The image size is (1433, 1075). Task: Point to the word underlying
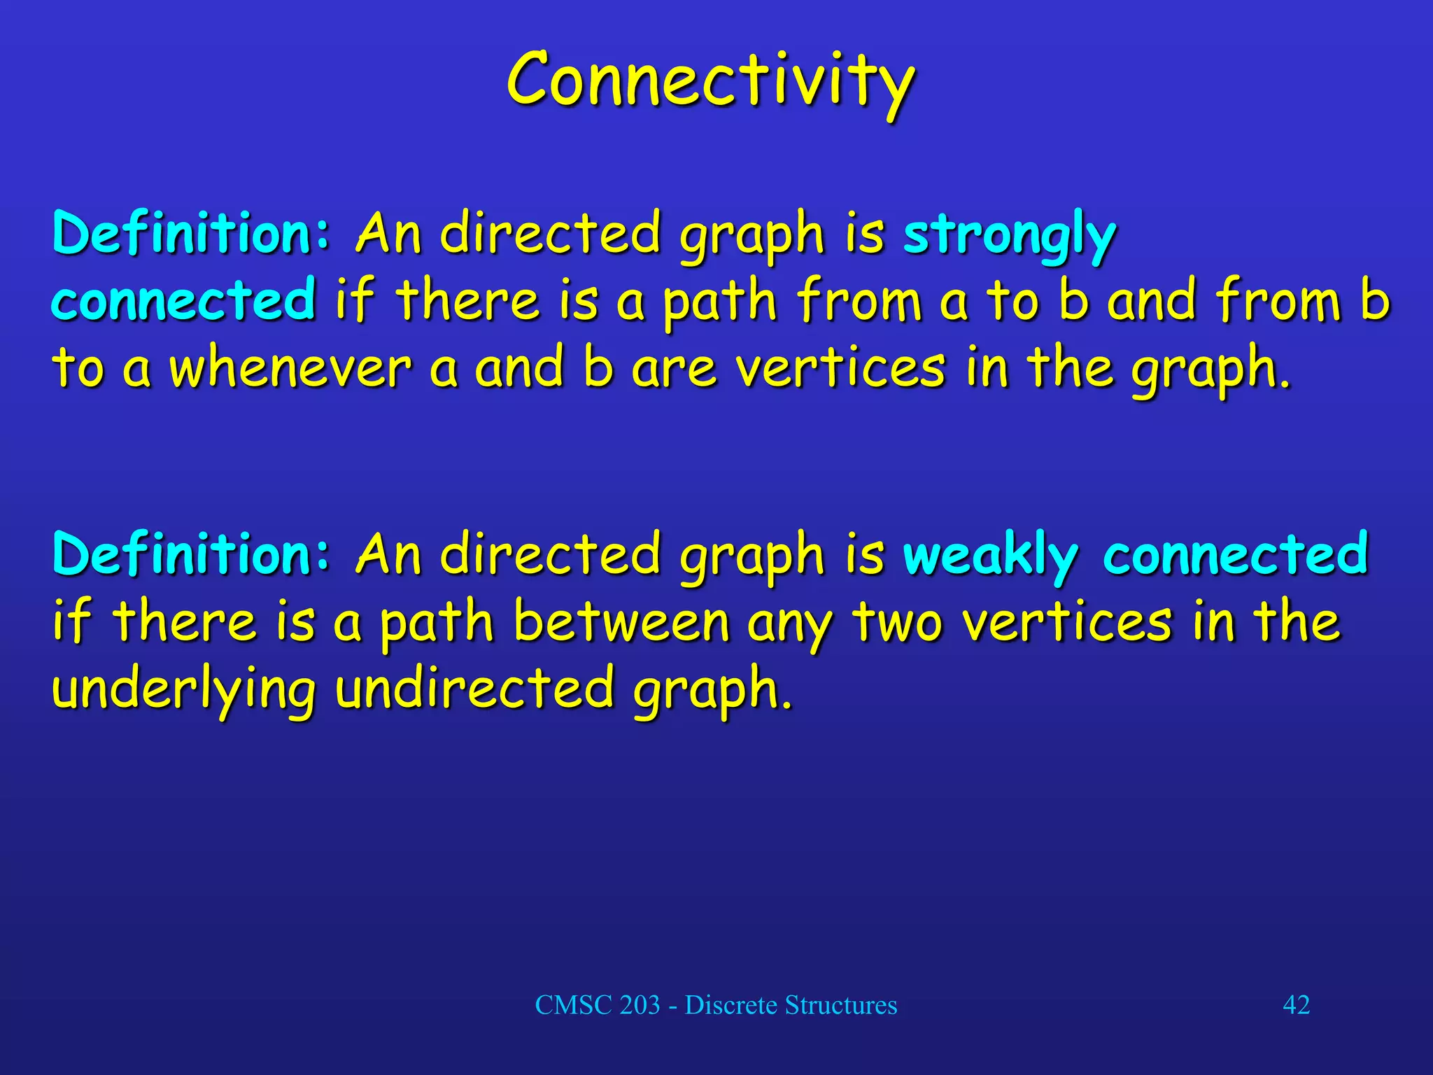coord(184,689)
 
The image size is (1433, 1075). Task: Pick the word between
coord(621,621)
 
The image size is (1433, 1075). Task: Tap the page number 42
coord(1296,1004)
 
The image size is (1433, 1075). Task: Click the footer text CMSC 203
coord(597,1005)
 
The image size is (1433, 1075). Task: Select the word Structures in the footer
coord(840,1005)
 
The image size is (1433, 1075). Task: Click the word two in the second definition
coord(898,621)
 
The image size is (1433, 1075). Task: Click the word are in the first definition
coord(674,370)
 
